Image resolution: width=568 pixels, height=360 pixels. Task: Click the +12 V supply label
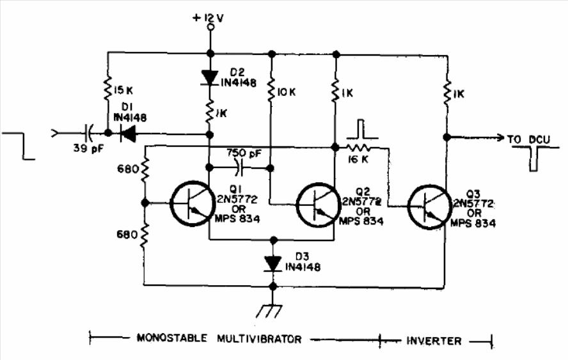coord(208,18)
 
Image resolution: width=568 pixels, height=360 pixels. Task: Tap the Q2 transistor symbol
coord(316,205)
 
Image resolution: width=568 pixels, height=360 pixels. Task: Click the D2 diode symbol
coord(209,78)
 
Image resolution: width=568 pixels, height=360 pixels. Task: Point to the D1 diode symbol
coord(127,134)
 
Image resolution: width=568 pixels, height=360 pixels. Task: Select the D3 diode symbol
coord(273,264)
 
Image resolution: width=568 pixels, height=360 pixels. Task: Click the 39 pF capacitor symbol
coord(89,133)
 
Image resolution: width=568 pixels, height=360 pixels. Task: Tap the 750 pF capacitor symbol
coord(239,168)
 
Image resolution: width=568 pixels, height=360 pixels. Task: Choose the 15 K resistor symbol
coord(108,89)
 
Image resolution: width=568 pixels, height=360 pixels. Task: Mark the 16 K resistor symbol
coord(358,148)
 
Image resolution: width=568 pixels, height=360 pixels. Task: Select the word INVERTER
coord(434,341)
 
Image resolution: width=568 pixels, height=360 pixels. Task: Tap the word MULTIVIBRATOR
coord(259,340)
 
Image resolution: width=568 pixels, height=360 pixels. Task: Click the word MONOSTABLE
coord(171,338)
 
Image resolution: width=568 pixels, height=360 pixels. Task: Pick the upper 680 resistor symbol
coord(145,170)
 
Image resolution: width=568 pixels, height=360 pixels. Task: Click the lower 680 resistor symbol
coord(145,234)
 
